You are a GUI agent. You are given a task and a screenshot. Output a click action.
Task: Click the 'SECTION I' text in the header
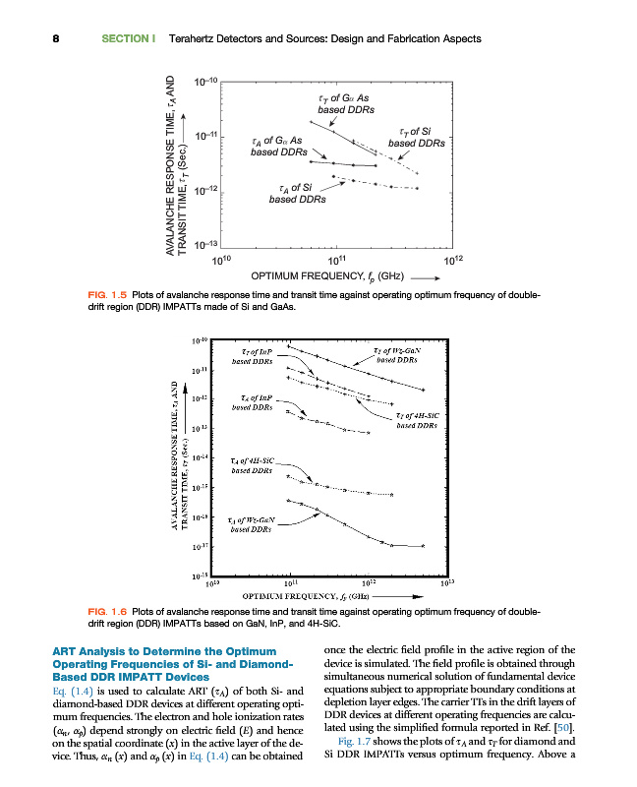pos(129,39)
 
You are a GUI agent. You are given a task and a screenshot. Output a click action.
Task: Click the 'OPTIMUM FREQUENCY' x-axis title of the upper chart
pos(321,276)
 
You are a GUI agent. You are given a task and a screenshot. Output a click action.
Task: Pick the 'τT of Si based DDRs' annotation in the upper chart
pos(417,137)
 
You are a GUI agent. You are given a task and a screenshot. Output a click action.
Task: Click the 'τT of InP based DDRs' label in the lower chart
pos(258,355)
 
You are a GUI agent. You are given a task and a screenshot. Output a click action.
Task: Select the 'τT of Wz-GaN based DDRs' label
pos(397,355)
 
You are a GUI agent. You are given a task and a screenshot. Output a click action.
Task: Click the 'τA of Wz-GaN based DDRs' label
pos(251,523)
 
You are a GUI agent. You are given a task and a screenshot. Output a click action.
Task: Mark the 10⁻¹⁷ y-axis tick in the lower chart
pos(199,545)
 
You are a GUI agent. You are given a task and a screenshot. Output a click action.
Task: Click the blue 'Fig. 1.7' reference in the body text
pos(351,741)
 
